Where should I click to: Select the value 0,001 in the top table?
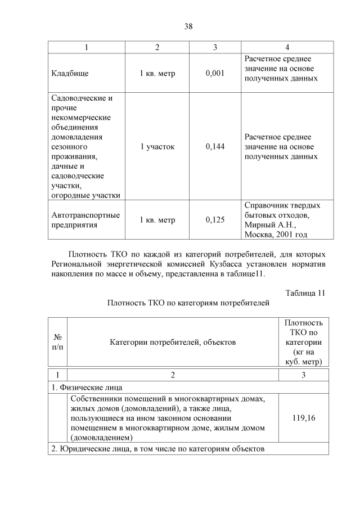click(x=215, y=73)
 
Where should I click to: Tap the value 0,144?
click(x=215, y=147)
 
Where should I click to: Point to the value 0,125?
click(x=215, y=220)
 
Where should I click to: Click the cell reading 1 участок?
click(x=157, y=147)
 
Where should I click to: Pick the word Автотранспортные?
click(x=85, y=215)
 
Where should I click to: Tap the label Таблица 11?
click(x=305, y=293)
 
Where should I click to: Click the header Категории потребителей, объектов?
click(x=173, y=342)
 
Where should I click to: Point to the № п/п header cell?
click(x=57, y=342)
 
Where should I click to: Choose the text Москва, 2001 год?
click(x=276, y=235)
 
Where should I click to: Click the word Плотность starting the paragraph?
click(x=89, y=254)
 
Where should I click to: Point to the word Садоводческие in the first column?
click(x=82, y=98)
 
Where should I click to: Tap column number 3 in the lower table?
click(x=304, y=375)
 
